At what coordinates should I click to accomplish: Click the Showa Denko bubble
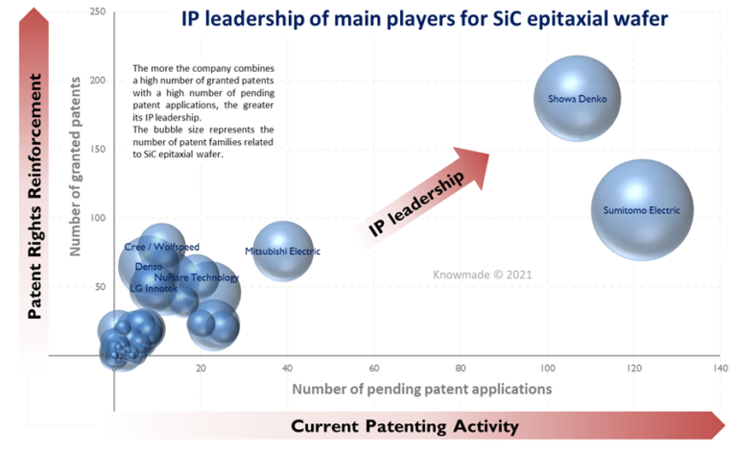coord(577,99)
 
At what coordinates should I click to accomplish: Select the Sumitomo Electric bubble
coord(641,209)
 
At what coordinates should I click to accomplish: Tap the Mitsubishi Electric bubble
coord(282,251)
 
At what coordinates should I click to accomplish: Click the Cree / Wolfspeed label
coord(162,247)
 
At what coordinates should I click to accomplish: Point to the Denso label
coord(149,267)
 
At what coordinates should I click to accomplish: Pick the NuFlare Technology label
coord(197,277)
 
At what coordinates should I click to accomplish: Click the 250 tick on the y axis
coord(97,12)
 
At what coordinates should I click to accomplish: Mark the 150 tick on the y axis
coord(97,149)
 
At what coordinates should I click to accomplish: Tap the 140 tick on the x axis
coord(716,368)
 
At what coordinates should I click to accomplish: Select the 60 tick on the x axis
coord(373,368)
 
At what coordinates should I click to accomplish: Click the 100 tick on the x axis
coord(546,368)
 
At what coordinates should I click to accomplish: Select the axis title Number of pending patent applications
coord(421,389)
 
